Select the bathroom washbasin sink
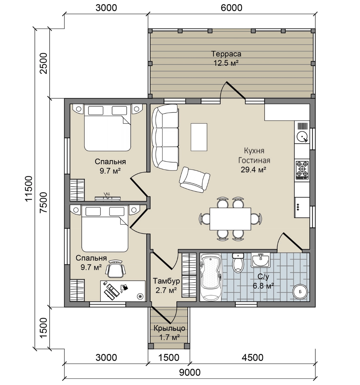(260, 260)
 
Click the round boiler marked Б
(300, 291)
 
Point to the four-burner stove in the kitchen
(302, 170)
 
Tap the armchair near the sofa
(194, 179)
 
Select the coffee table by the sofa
(199, 137)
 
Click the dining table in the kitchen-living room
(230, 219)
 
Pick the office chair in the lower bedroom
(115, 269)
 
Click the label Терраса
(226, 54)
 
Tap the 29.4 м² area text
(253, 170)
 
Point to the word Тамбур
(166, 281)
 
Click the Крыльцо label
(169, 328)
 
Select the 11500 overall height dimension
(29, 189)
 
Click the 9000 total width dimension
(190, 372)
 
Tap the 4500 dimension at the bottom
(252, 357)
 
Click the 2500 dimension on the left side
(43, 63)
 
